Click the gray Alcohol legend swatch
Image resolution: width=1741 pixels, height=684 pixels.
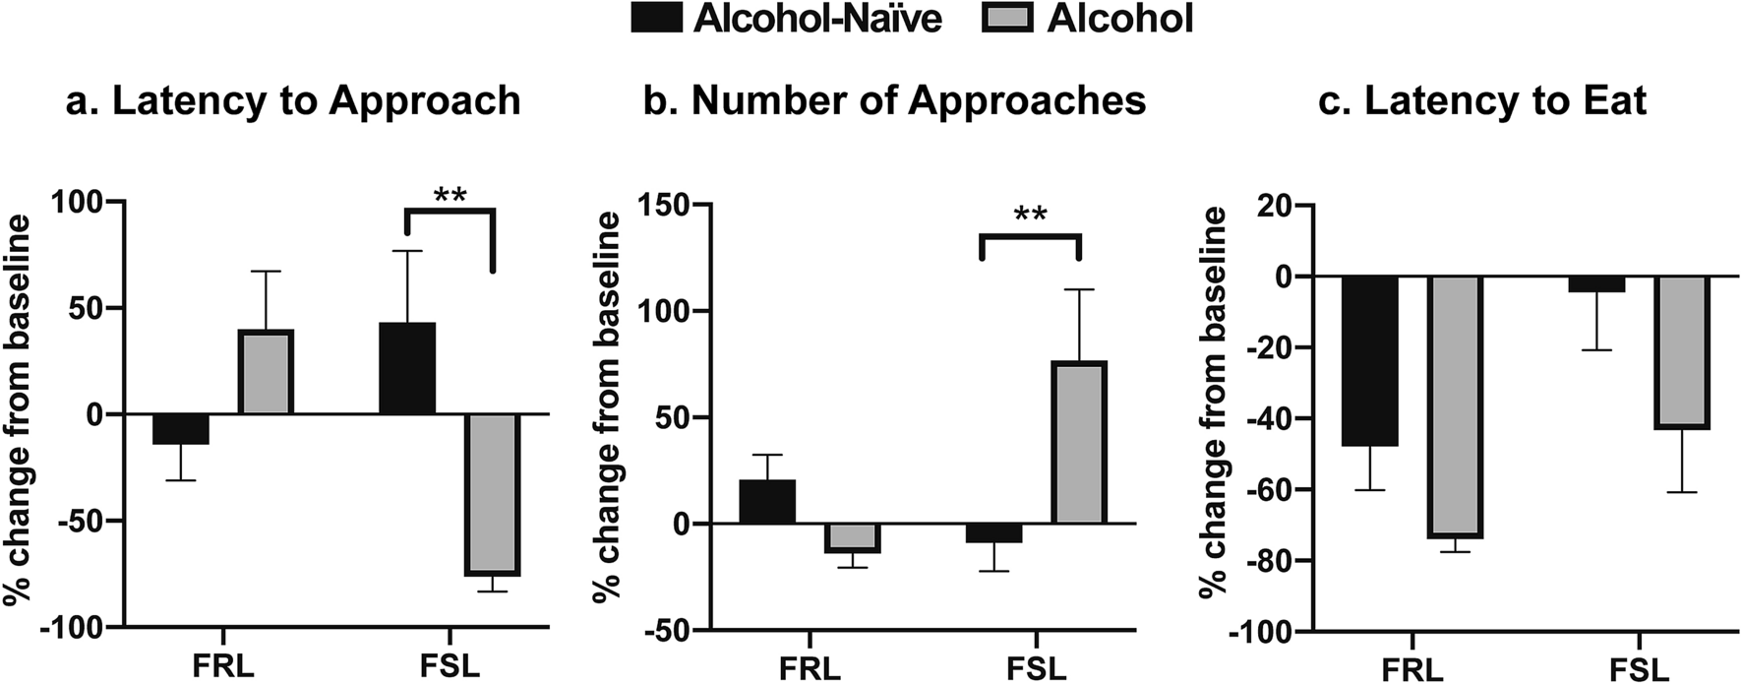coord(1006,19)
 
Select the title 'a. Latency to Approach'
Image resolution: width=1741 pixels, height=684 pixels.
coord(293,101)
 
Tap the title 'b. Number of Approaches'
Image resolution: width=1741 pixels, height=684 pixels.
coord(894,101)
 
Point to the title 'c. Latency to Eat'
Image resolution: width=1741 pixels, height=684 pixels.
coord(1482,101)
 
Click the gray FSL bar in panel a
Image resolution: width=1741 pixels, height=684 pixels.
coord(492,494)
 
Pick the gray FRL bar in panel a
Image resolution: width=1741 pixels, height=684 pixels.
coord(265,373)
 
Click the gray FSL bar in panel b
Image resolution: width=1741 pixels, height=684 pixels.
coord(1079,443)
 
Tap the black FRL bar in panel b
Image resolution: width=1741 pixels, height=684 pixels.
coord(767,502)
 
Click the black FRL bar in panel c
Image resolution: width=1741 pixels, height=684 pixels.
coord(1370,361)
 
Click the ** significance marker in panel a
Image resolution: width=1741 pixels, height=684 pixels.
coord(450,195)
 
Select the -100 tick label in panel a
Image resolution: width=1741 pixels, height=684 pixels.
coord(82,627)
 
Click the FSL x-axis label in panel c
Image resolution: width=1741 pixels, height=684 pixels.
coord(1640,671)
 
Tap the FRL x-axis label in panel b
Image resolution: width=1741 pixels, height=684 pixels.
coord(810,668)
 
